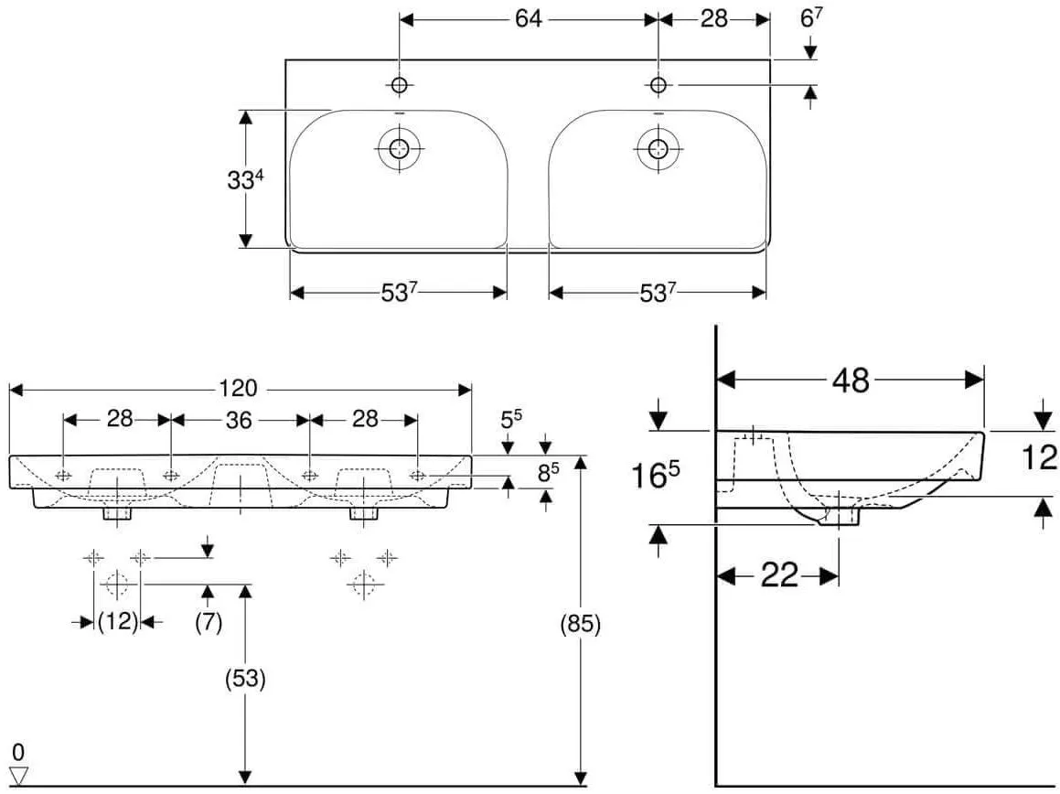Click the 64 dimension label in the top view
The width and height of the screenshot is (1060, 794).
[528, 19]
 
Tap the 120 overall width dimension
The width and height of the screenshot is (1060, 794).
[238, 388]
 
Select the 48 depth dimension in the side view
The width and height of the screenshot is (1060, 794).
[851, 381]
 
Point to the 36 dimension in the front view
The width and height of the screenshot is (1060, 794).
[239, 420]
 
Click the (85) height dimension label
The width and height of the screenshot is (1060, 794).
[581, 624]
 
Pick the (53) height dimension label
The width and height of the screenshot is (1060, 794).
[245, 678]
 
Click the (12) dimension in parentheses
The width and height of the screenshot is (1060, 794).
[118, 621]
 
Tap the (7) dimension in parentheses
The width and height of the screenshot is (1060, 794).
[209, 621]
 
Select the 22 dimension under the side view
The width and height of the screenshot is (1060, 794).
[780, 575]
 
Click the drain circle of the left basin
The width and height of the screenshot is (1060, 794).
[399, 148]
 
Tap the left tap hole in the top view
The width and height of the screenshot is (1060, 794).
[400, 84]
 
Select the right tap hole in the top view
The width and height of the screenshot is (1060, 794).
[658, 84]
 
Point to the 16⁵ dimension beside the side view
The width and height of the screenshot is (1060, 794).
[655, 474]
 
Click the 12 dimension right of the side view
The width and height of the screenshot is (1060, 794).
[1039, 458]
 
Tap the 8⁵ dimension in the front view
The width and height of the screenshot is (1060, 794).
[548, 472]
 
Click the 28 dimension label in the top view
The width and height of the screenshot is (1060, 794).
[714, 19]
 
